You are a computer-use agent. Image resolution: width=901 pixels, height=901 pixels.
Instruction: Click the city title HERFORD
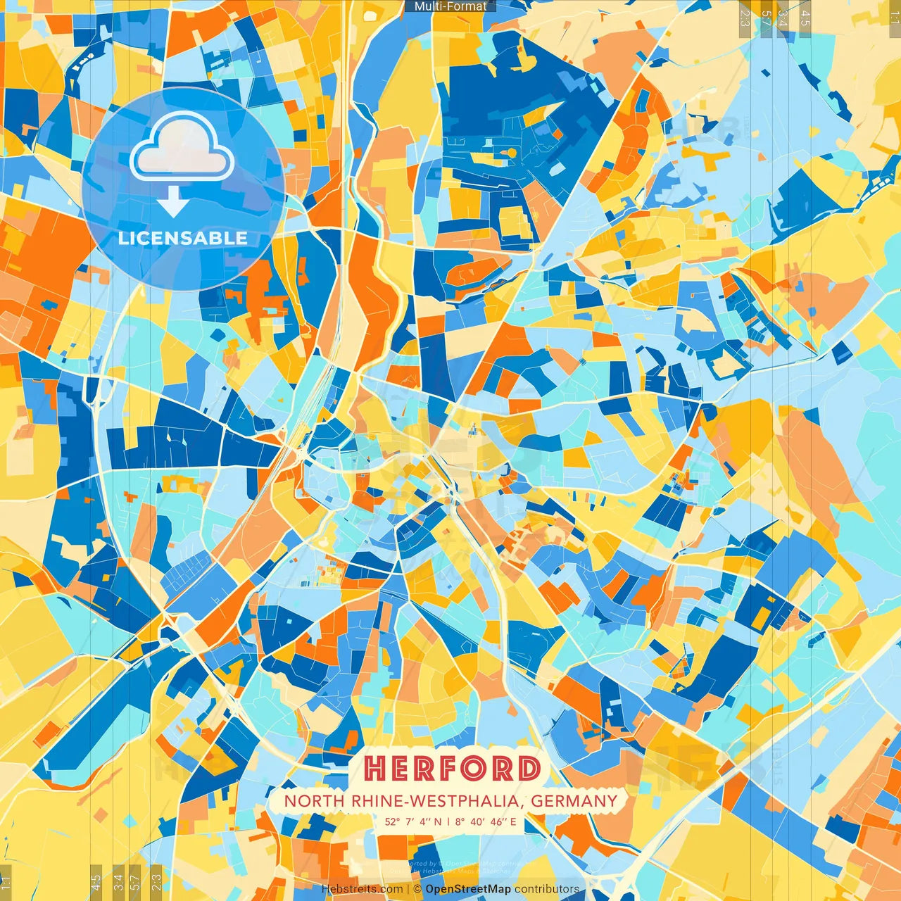click(x=452, y=769)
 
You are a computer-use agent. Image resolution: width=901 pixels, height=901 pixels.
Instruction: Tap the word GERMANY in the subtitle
click(x=574, y=801)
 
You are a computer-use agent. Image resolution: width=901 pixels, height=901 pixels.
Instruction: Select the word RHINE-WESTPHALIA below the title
click(x=436, y=801)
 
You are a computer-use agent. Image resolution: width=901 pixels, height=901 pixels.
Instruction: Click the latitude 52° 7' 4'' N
click(x=413, y=821)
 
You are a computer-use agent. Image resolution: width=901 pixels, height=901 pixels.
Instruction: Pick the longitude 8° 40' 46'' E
click(x=486, y=821)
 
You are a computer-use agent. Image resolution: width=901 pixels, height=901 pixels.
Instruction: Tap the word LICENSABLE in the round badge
click(x=183, y=238)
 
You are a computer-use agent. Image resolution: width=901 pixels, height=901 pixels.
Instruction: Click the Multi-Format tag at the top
click(x=450, y=6)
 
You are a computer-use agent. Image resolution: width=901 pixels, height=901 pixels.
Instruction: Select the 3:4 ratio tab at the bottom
click(x=118, y=881)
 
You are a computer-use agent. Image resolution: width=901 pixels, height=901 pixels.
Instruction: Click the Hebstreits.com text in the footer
click(x=362, y=889)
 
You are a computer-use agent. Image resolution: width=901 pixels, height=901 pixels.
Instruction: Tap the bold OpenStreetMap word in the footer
click(x=468, y=889)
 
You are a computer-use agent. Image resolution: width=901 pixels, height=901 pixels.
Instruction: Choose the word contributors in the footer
click(x=547, y=889)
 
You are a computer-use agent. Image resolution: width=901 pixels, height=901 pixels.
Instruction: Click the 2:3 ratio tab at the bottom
click(x=156, y=881)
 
